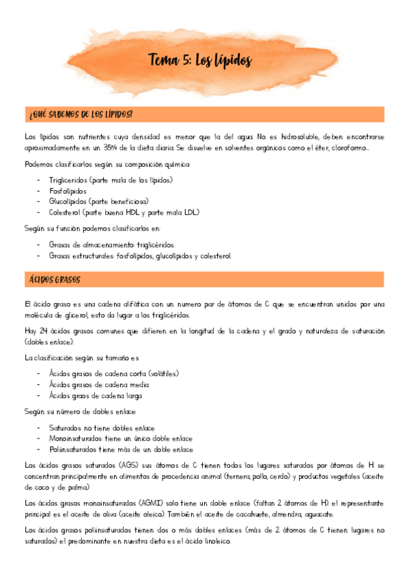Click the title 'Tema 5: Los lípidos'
(x=200, y=62)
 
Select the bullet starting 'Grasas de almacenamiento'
(x=112, y=244)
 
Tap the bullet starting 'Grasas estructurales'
(x=140, y=255)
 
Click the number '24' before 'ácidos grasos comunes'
(x=42, y=331)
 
